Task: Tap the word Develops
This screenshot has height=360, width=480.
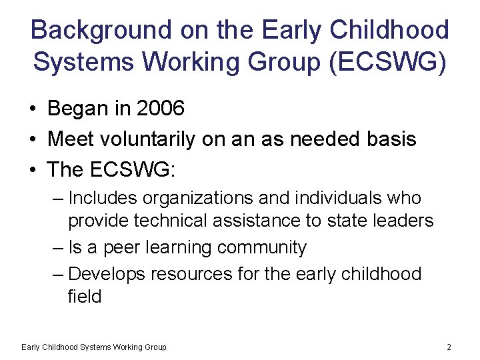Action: click(x=107, y=274)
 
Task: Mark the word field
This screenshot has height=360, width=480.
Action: click(x=85, y=296)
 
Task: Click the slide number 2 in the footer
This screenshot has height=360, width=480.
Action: click(x=449, y=347)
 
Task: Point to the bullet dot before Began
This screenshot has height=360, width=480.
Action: click(x=32, y=109)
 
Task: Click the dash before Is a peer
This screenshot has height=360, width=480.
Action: click(x=57, y=247)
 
